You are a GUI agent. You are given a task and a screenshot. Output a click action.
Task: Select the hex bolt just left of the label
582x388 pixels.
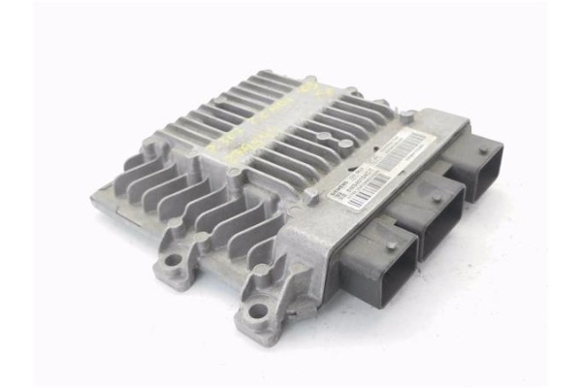[311, 193]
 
